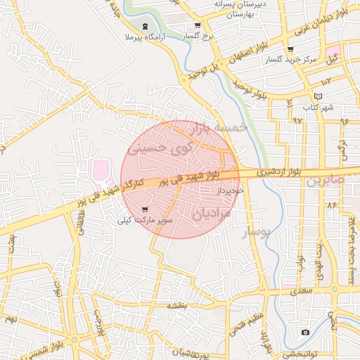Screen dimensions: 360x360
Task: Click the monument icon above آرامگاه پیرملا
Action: [145, 25]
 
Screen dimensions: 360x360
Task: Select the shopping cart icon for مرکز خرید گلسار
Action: [290, 49]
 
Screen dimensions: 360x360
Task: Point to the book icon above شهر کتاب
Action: [318, 96]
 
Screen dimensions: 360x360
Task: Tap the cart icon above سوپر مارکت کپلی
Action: [145, 210]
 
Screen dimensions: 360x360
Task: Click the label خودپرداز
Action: [230, 191]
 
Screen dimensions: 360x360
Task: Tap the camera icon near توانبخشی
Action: [305, 332]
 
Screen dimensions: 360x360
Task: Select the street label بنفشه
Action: [176, 306]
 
